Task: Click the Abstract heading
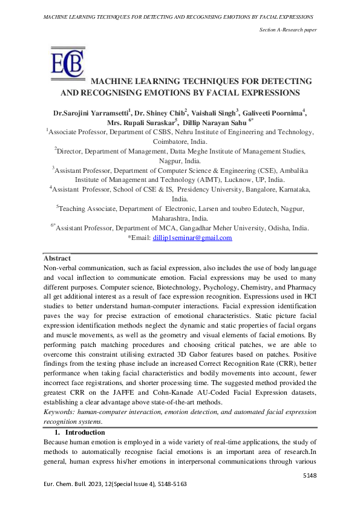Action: coord(58,258)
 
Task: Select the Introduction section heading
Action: coord(85,433)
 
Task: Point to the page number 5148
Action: coord(310,476)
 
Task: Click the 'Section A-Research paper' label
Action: coord(288,29)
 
